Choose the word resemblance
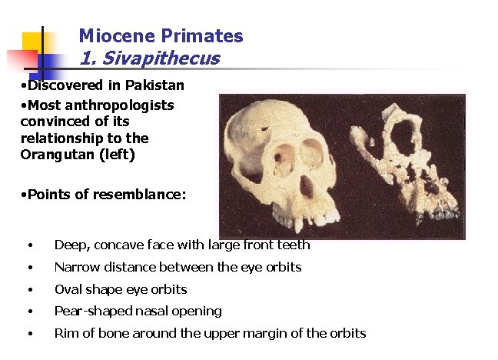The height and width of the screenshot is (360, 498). click(140, 195)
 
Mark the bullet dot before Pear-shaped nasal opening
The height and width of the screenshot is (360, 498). click(30, 312)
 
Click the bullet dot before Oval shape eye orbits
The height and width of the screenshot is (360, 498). click(30, 290)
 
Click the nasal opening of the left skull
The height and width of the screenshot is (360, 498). click(305, 187)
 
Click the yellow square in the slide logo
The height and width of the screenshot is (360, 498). click(32, 42)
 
